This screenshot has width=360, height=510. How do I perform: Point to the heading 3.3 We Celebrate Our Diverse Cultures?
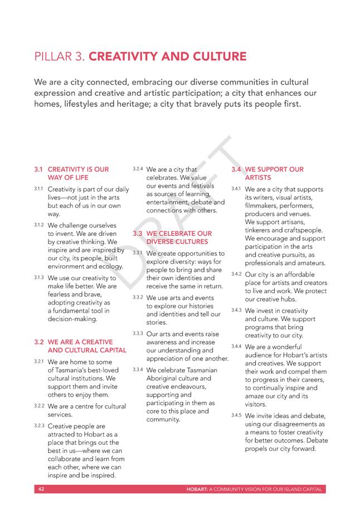(178, 237)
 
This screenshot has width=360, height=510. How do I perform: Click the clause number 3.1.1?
(38, 189)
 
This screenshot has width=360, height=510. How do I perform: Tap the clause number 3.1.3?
(38, 276)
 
